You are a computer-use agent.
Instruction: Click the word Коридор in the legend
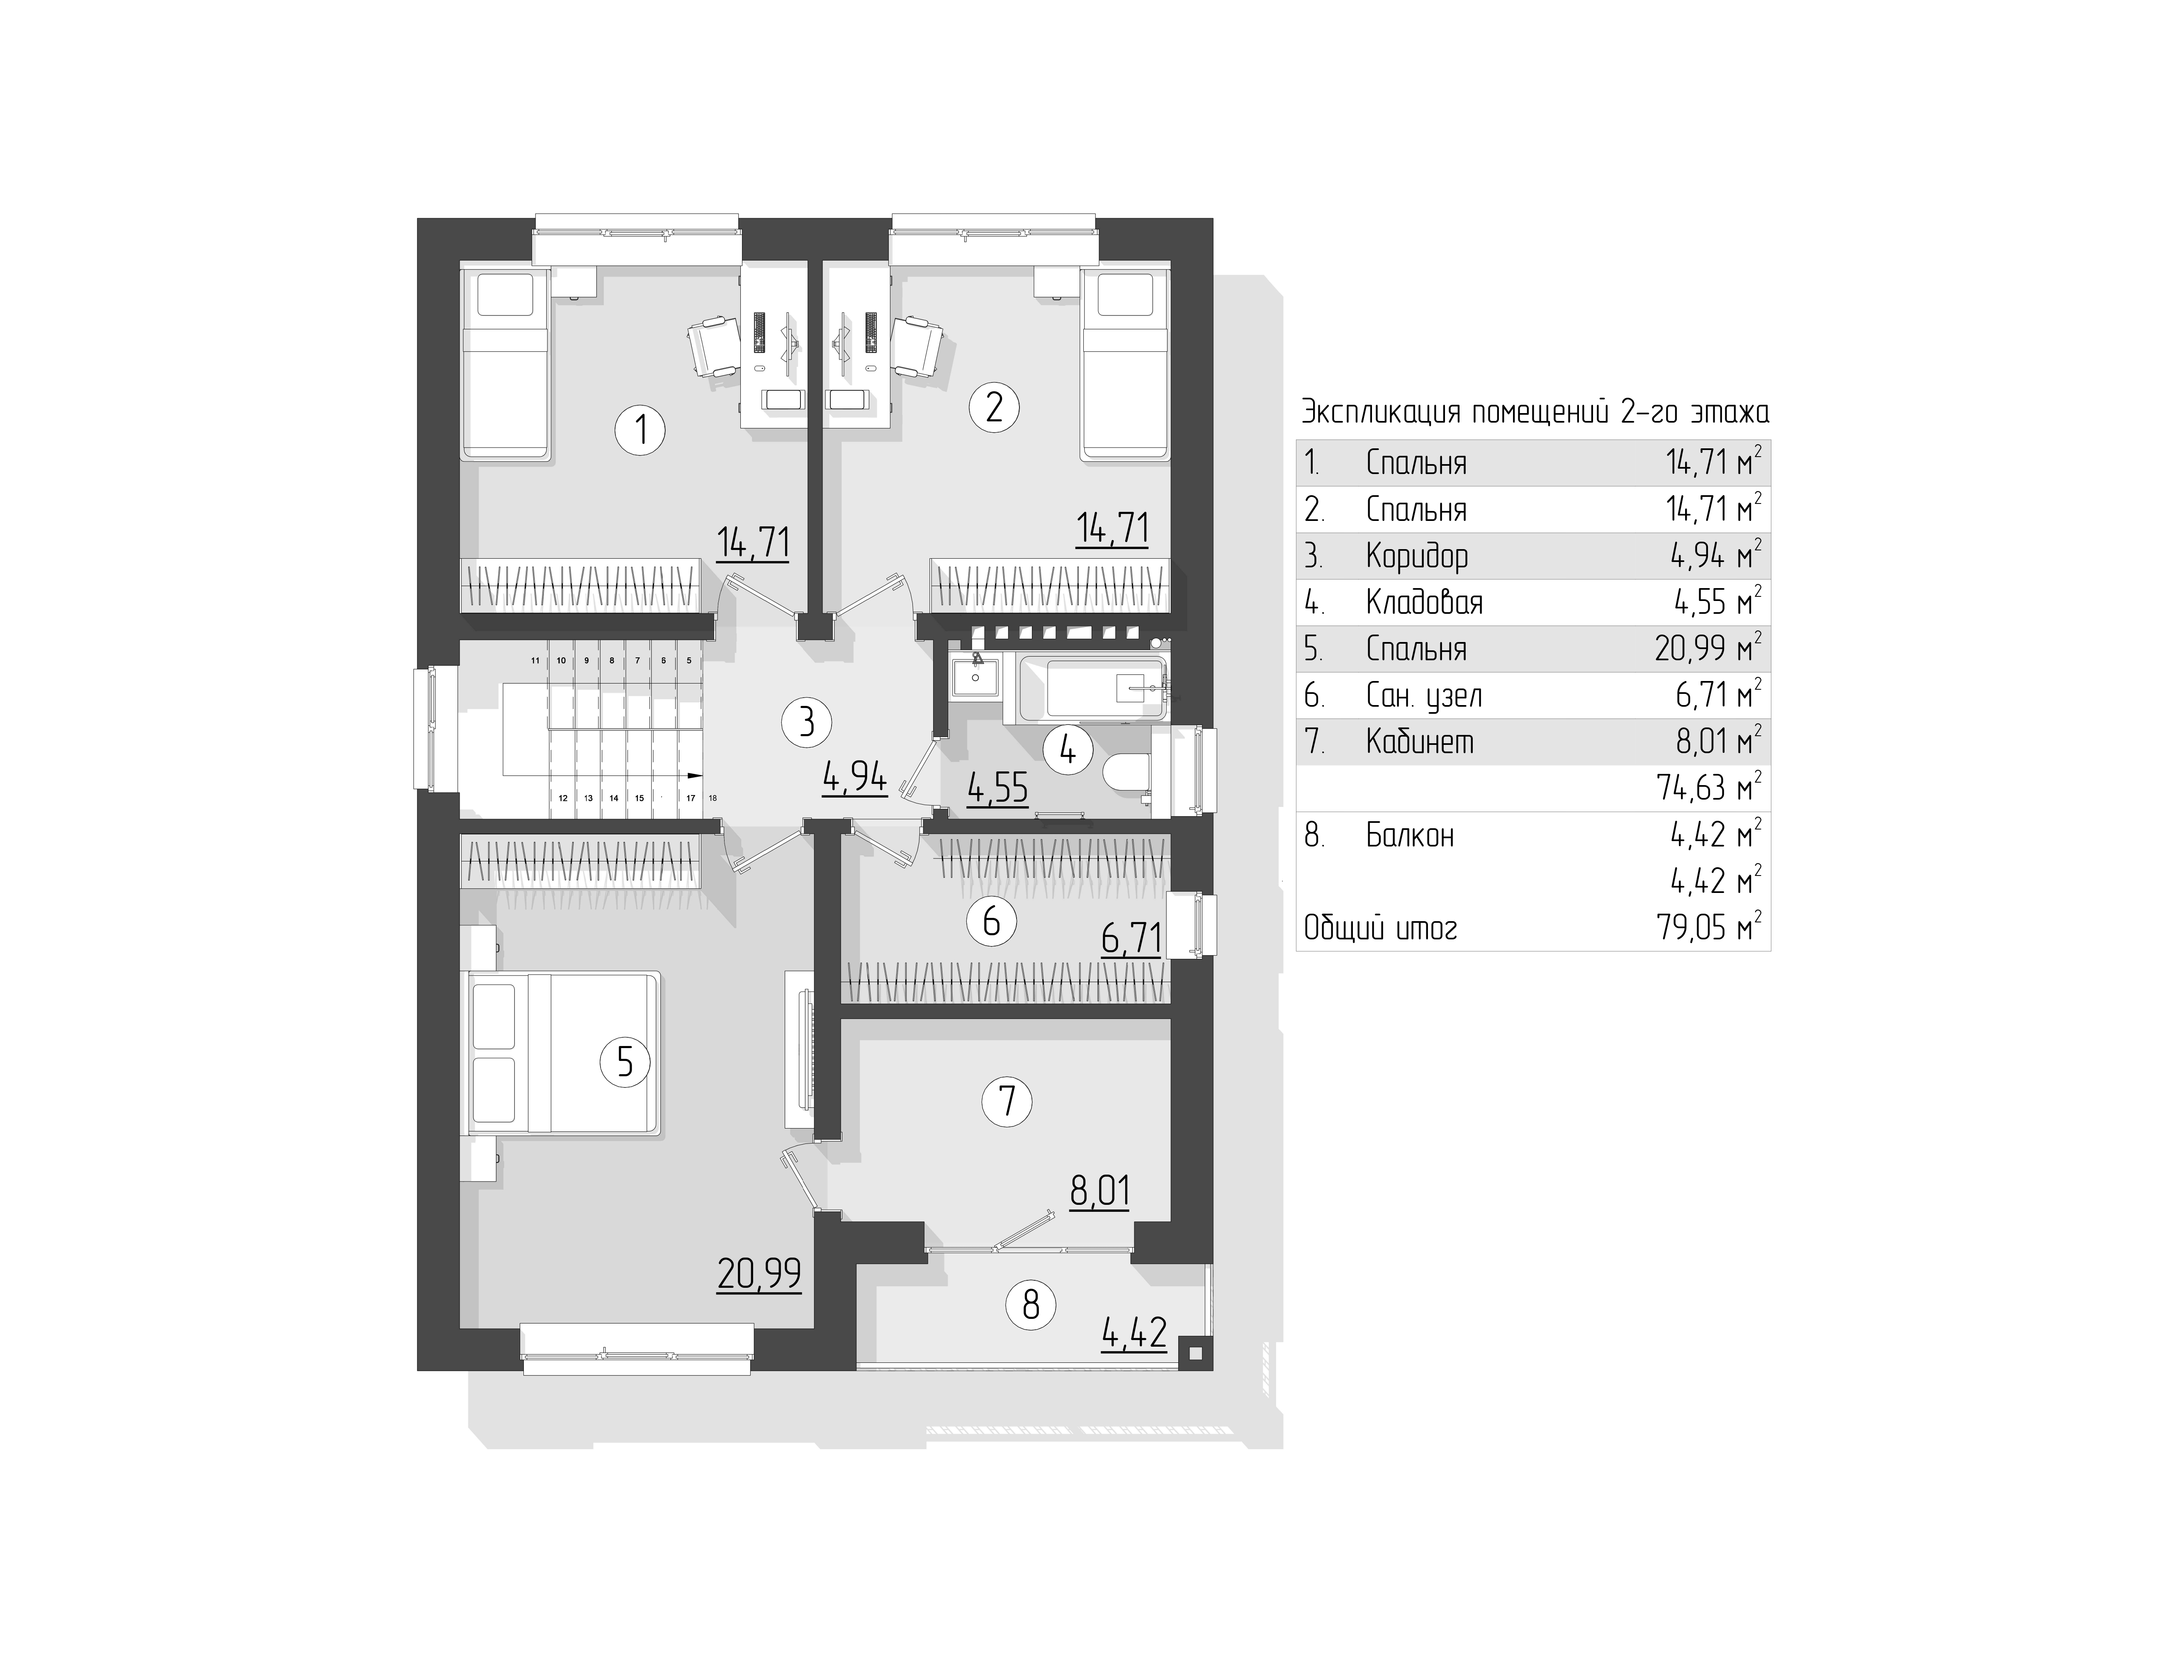tap(1417, 556)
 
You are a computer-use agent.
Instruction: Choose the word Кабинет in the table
tap(1420, 741)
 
